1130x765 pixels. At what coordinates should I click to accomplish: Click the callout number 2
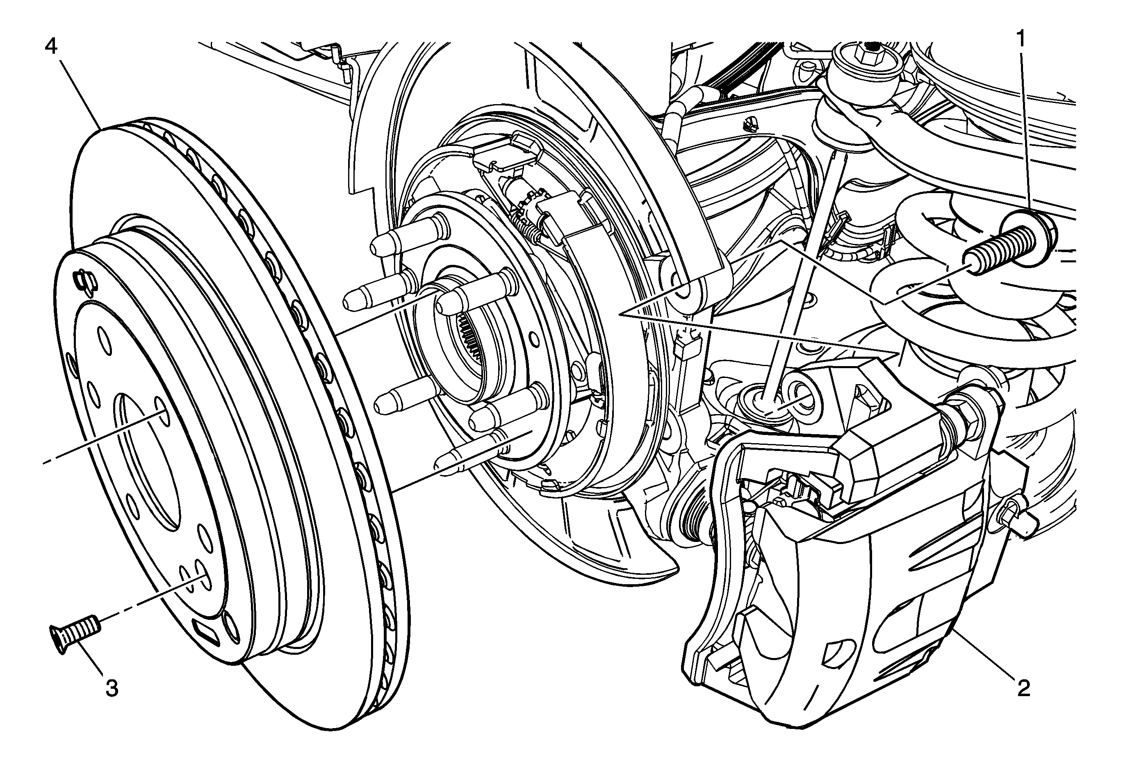[x=1023, y=688]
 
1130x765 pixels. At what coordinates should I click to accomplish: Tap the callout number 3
[x=112, y=688]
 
